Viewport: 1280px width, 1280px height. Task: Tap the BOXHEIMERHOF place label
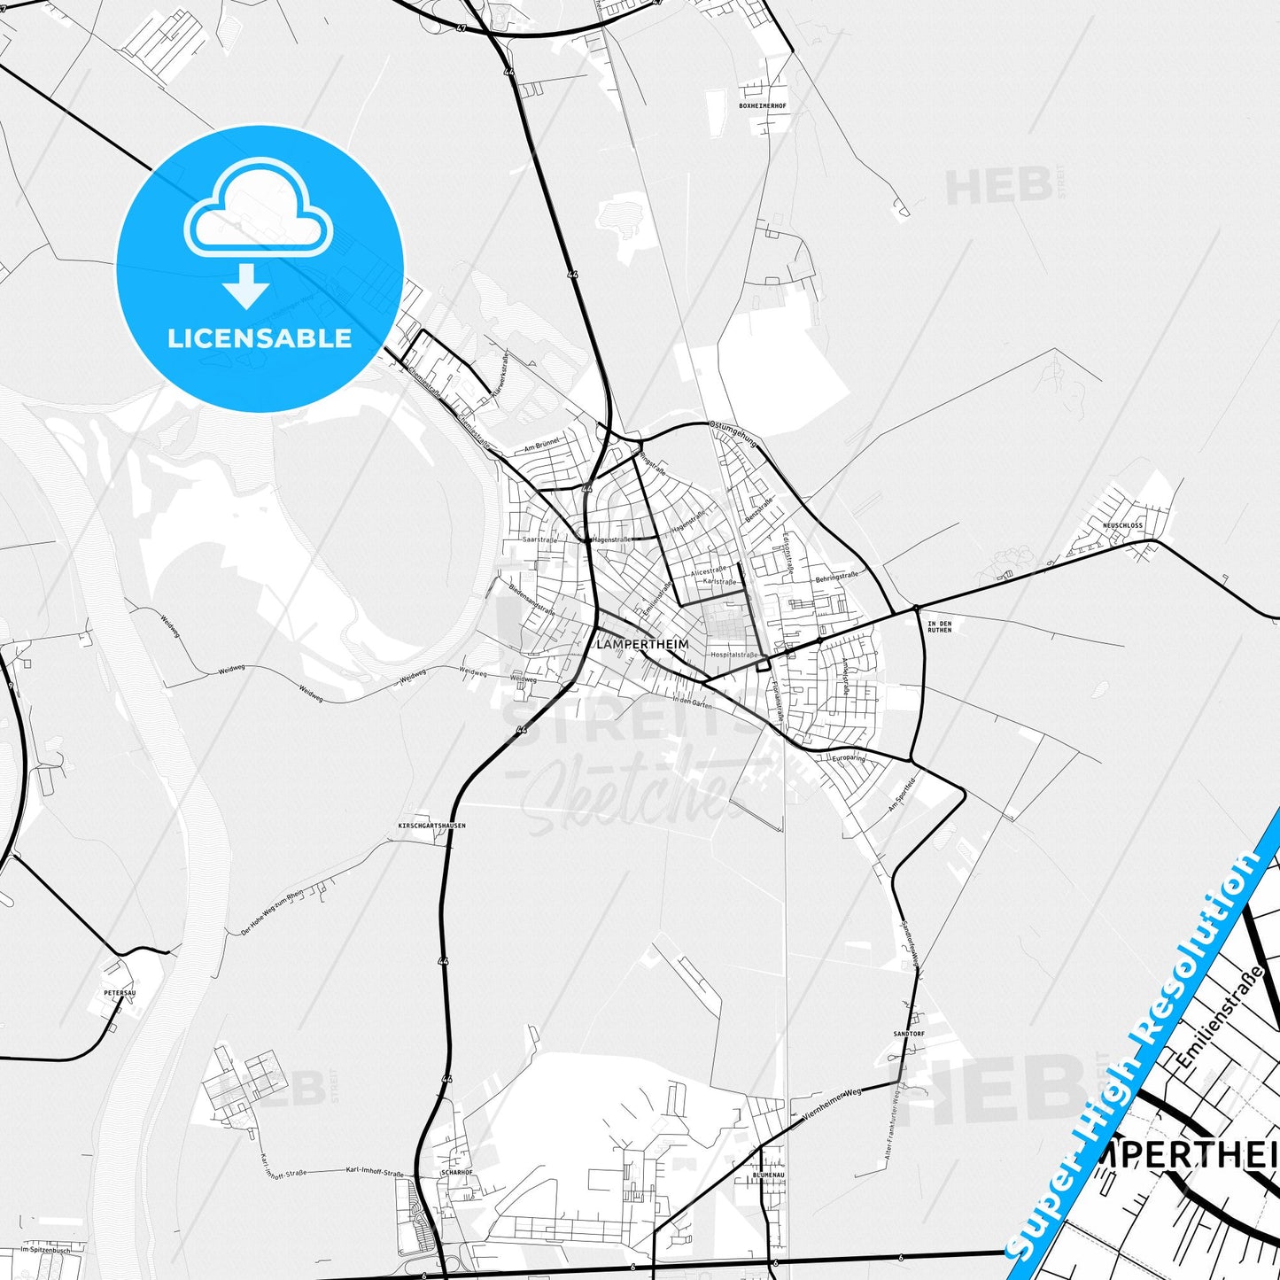point(762,105)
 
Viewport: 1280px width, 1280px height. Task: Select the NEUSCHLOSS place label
point(1122,525)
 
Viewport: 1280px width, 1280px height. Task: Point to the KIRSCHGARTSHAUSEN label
point(432,825)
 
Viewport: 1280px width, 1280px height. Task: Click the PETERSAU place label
point(120,993)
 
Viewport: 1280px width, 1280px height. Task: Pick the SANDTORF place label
point(909,1034)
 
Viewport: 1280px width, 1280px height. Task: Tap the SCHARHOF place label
point(457,1172)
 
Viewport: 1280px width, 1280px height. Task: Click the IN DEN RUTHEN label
point(939,627)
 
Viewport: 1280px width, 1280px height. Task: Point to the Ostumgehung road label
point(733,432)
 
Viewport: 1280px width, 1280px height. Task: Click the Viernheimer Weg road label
point(831,1106)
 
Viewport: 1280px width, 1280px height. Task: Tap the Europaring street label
point(849,758)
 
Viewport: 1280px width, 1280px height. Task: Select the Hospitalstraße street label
point(733,655)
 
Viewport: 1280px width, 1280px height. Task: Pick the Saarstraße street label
point(539,539)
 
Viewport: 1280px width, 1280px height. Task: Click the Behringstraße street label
point(837,576)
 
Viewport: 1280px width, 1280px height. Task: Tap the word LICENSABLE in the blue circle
point(260,337)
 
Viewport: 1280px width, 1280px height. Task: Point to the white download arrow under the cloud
point(246,285)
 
